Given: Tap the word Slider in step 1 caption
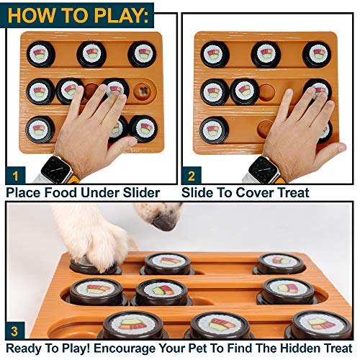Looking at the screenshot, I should (137, 193).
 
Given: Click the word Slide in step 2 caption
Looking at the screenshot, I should (197, 193).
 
